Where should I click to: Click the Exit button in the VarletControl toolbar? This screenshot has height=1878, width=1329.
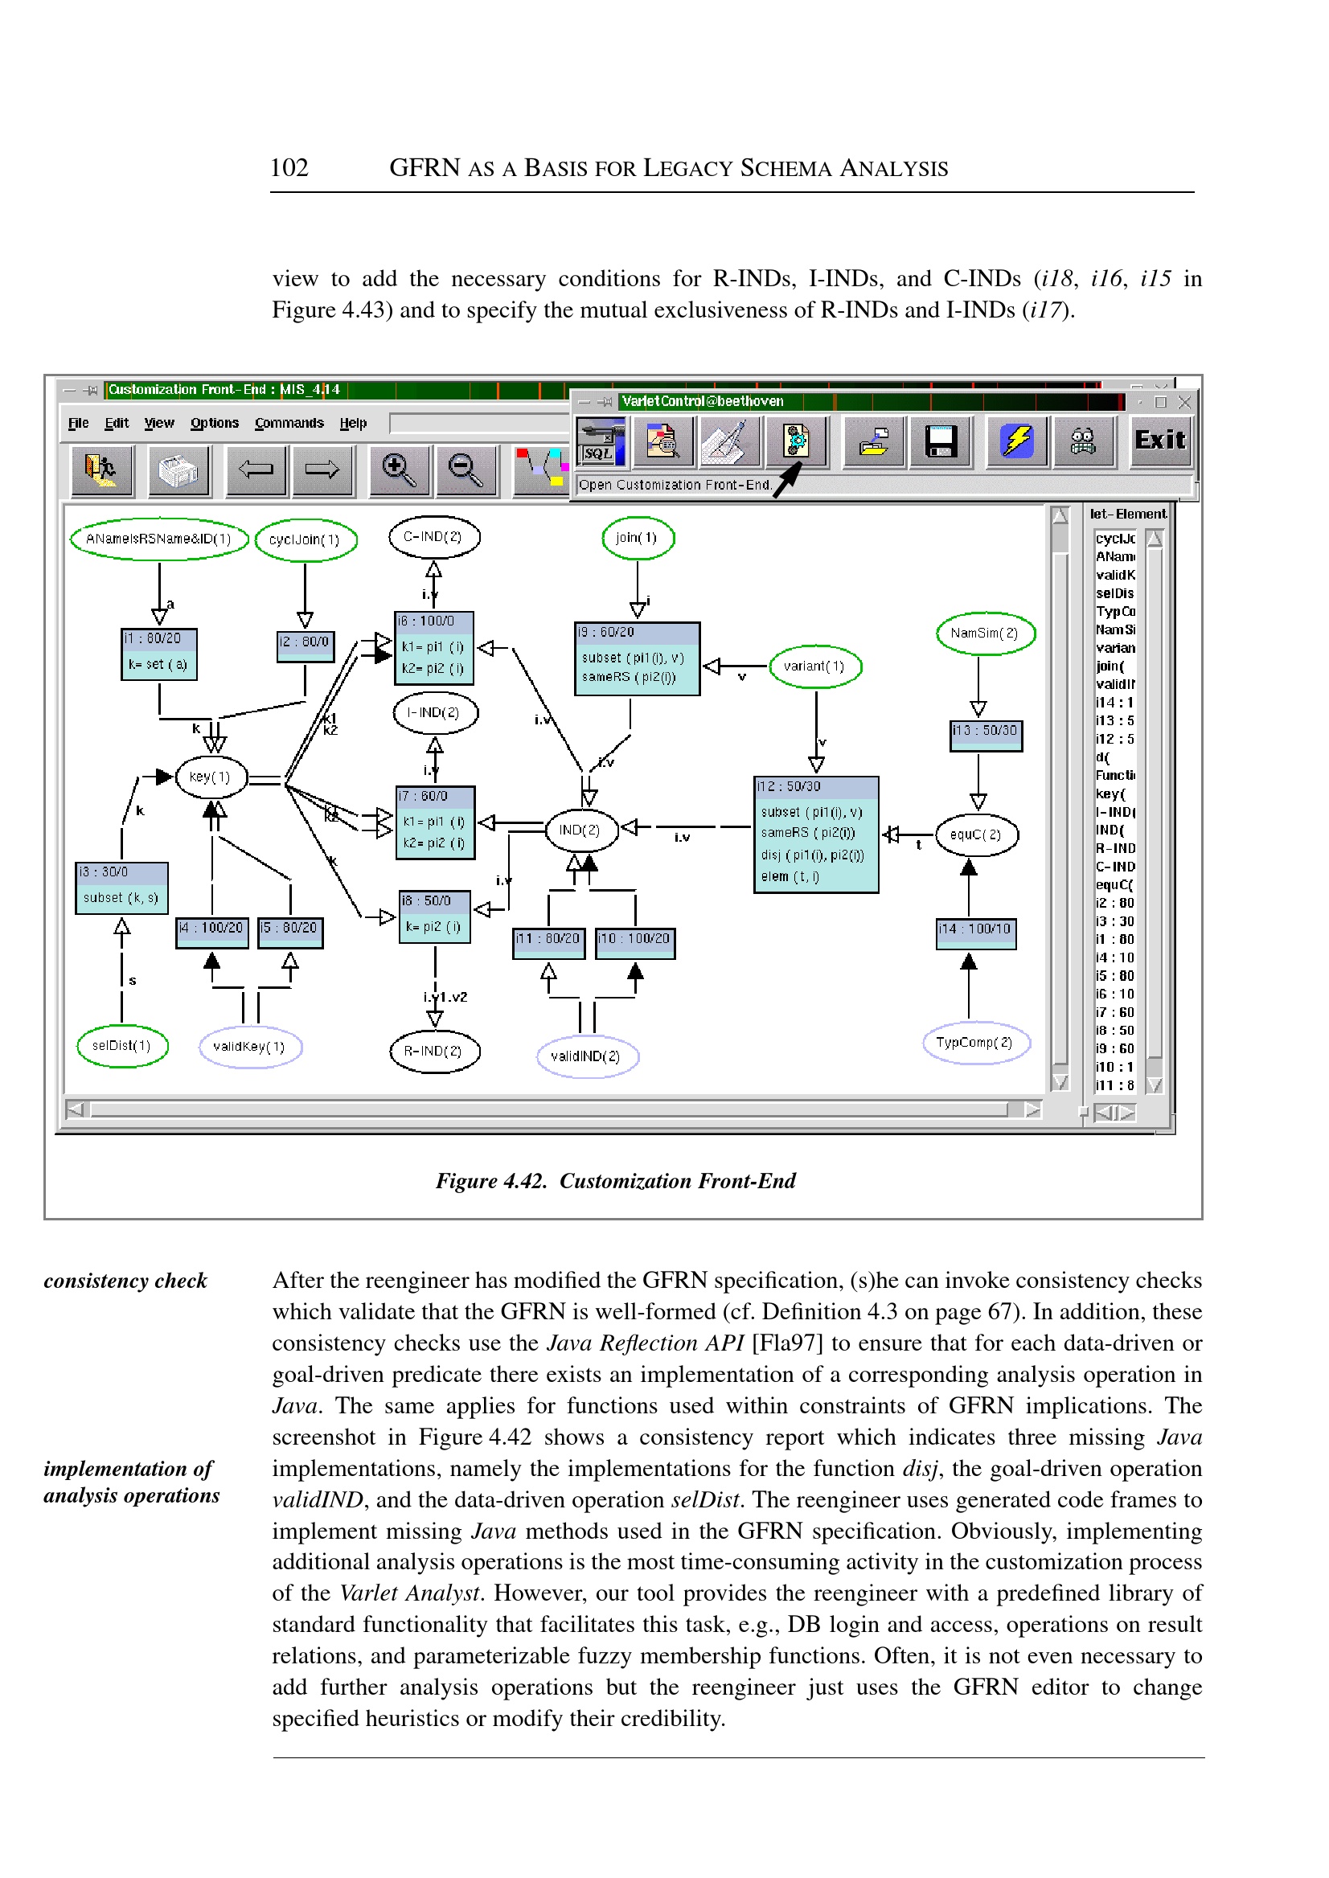pos(1159,441)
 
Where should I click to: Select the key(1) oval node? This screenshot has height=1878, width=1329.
pos(211,777)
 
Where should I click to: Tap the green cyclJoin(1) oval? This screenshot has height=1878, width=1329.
pos(306,540)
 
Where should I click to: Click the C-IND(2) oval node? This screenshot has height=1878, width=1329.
pos(433,537)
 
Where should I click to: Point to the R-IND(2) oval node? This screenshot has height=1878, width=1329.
pos(433,1051)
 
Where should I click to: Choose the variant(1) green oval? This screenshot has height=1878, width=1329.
pos(814,666)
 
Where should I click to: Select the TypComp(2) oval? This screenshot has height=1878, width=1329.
pos(974,1043)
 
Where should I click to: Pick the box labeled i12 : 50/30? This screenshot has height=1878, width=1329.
pos(816,834)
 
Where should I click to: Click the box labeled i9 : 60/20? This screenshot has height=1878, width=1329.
pos(637,658)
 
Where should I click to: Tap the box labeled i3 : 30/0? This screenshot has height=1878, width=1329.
pos(121,887)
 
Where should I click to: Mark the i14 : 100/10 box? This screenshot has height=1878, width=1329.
pos(975,932)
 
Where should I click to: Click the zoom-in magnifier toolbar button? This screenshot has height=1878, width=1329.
pos(399,470)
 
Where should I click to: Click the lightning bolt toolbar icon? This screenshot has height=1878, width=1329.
pos(1016,441)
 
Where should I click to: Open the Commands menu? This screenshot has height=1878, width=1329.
pos(289,423)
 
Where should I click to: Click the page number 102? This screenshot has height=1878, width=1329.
pos(289,168)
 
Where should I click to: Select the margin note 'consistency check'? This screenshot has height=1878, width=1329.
pos(125,1281)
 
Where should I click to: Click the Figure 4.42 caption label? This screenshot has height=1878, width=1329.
pos(615,1181)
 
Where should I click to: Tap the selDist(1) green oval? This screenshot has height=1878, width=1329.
pos(122,1046)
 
